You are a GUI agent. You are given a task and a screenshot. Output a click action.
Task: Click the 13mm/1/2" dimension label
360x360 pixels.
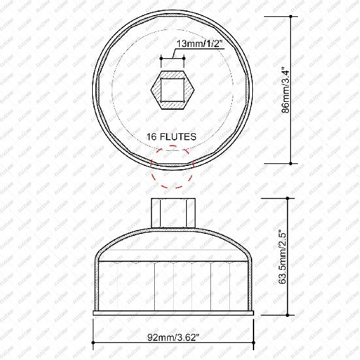197,44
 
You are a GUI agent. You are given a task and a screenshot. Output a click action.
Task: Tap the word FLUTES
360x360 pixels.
181,137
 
